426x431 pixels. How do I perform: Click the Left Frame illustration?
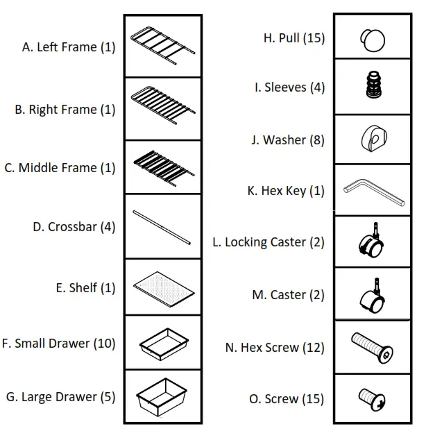[x=162, y=45]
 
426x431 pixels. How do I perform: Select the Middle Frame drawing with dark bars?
[x=162, y=167]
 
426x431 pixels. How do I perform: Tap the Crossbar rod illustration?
[x=162, y=227]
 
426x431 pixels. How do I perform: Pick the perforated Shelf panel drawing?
[x=162, y=286]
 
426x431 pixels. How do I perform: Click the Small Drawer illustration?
[x=162, y=342]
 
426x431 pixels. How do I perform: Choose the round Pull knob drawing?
[x=371, y=39]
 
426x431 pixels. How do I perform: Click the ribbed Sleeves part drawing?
[x=371, y=87]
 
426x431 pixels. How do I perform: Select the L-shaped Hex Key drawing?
[x=372, y=190]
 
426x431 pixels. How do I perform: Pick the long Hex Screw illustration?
[x=372, y=346]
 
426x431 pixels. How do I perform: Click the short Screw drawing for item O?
[x=371, y=398]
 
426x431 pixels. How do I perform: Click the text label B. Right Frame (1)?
[x=65, y=110]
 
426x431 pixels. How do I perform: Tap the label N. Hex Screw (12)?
[x=274, y=348]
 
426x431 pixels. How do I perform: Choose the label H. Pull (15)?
[x=293, y=38]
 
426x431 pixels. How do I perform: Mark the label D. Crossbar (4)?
[x=74, y=227]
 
